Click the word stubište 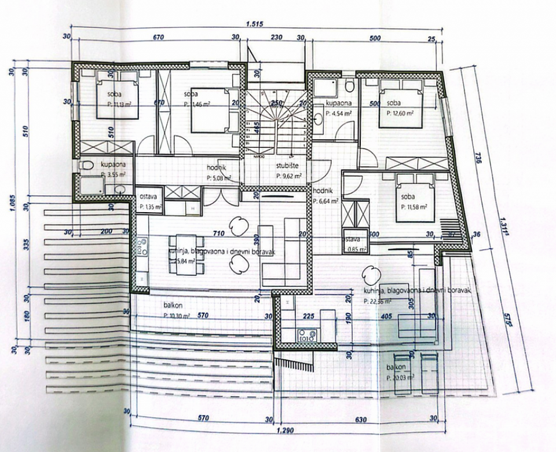[x=287, y=165]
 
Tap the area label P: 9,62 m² [x=290, y=173]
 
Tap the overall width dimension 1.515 [x=255, y=23]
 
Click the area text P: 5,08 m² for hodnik [x=218, y=178]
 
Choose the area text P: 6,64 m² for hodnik [x=327, y=201]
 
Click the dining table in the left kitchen [x=186, y=246]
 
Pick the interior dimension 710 [x=217, y=234]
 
